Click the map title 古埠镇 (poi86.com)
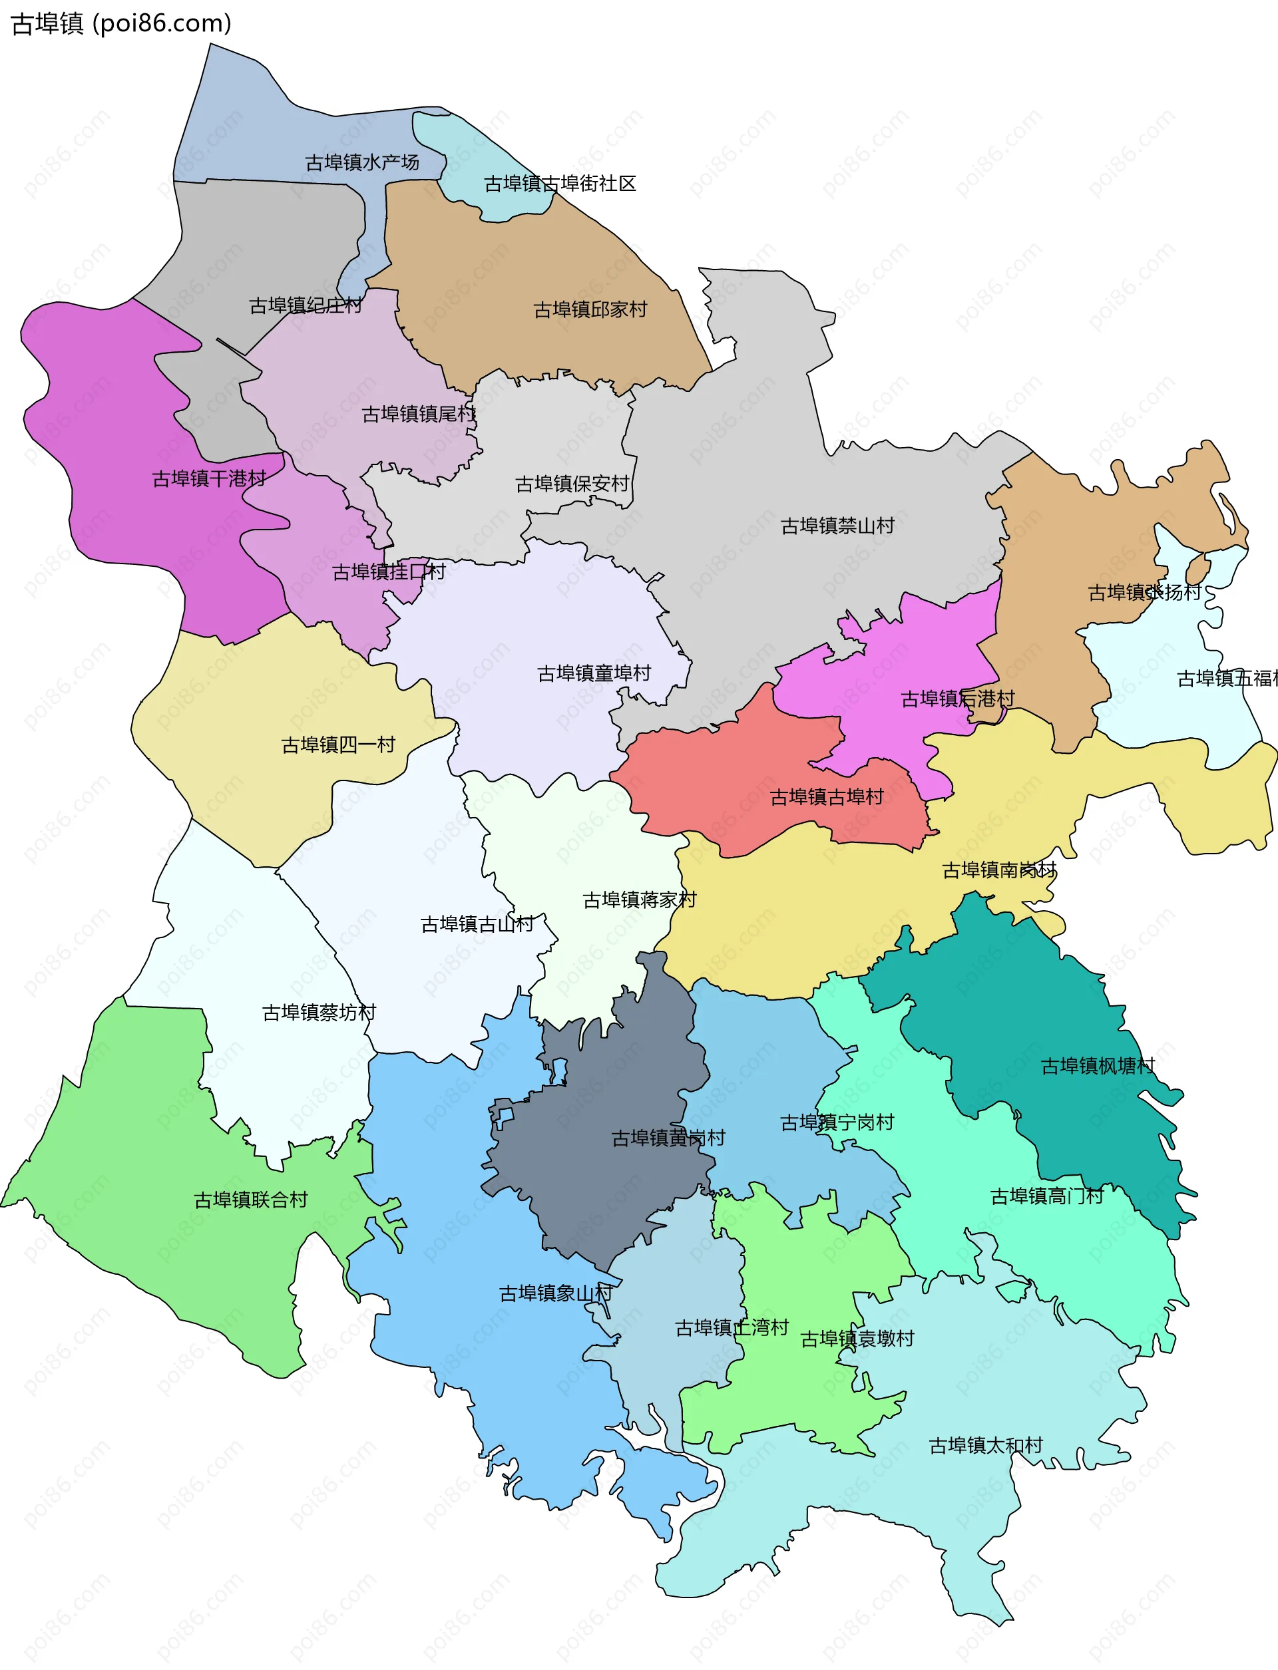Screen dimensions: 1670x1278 pos(121,23)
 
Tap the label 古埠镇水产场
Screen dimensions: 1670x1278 pos(362,162)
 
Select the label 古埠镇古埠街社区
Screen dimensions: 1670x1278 pos(560,183)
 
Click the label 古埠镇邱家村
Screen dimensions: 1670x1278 pos(590,309)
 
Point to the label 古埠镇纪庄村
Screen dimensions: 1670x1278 pos(306,305)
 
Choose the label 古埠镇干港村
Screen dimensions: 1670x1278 pos(209,478)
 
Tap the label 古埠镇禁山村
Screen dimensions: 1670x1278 pos(837,526)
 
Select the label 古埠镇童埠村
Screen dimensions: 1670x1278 pos(594,673)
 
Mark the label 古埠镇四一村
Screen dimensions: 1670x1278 pos(339,745)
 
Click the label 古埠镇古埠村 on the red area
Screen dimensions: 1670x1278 pos(827,796)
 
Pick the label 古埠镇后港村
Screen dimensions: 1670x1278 pos(958,698)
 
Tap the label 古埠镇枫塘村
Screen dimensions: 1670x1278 pos(1098,1065)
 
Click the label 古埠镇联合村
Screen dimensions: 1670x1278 pos(251,1199)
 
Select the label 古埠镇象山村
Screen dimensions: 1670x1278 pos(556,1293)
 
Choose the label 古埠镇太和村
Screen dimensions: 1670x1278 pos(986,1445)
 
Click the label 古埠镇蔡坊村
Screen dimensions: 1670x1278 pos(319,1012)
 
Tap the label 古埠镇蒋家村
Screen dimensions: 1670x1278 pos(640,900)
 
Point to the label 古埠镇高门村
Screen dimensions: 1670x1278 pos(1047,1196)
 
